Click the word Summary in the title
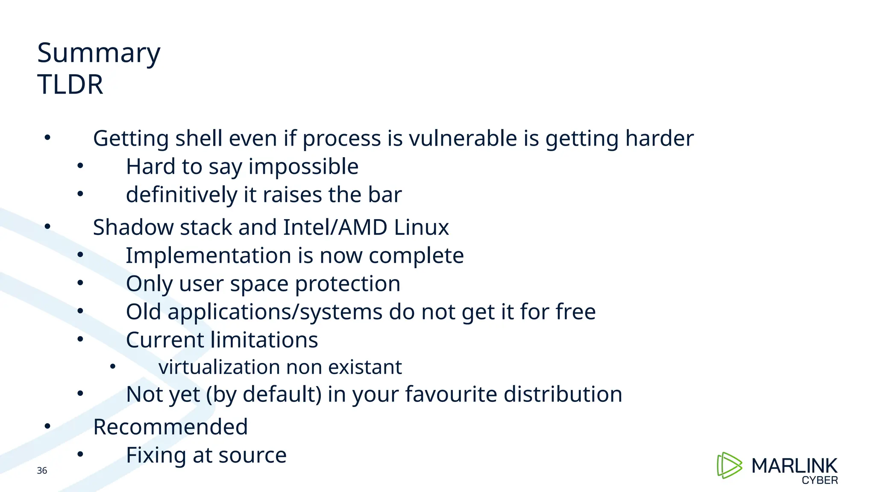99,54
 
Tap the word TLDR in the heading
70,85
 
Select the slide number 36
42,471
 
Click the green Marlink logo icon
729,465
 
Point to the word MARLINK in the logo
794,466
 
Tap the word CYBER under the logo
819,480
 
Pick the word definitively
182,195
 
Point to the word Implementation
208,255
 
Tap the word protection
347,284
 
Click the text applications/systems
275,312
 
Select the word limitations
264,340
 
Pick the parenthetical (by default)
264,394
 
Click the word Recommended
170,427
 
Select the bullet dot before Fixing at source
80,454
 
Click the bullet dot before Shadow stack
47,226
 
